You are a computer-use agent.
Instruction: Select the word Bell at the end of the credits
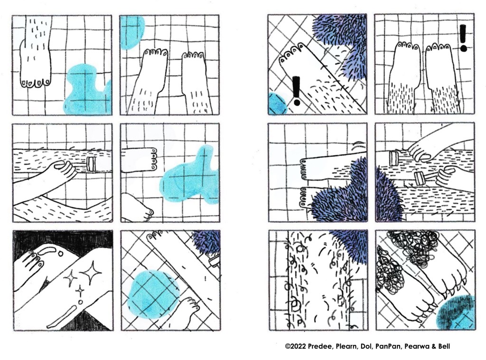pyautogui.click(x=444, y=346)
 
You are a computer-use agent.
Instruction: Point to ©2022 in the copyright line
pyautogui.click(x=295, y=346)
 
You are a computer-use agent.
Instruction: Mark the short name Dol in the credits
pyautogui.click(x=365, y=346)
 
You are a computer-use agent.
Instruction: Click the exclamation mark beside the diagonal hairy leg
pyautogui.click(x=296, y=91)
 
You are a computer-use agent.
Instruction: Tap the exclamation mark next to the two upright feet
pyautogui.click(x=463, y=38)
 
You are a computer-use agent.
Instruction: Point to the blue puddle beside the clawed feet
pyautogui.click(x=456, y=313)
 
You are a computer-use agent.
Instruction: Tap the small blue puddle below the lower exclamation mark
pyautogui.click(x=278, y=104)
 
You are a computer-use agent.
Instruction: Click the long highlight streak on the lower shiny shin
pyautogui.click(x=61, y=317)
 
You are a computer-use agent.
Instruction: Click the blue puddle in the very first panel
pyautogui.click(x=87, y=90)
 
